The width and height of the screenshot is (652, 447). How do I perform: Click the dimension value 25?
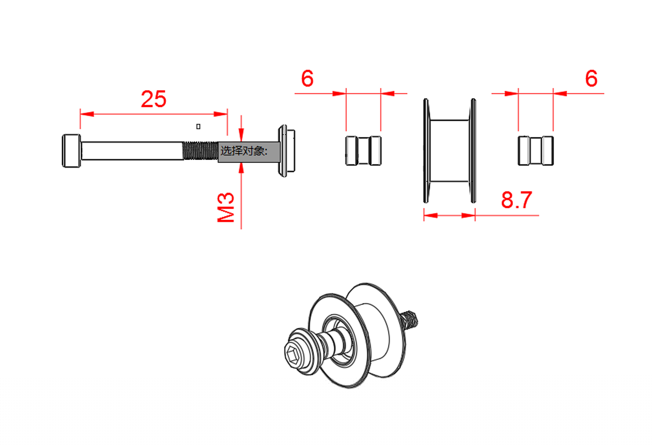(x=154, y=99)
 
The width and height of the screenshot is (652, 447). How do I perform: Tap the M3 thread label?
(x=226, y=207)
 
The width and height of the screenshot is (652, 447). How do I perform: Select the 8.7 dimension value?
(x=516, y=200)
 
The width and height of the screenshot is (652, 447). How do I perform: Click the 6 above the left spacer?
(x=307, y=78)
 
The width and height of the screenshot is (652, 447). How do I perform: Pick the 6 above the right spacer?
(x=591, y=78)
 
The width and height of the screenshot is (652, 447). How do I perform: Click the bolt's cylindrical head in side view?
(x=71, y=151)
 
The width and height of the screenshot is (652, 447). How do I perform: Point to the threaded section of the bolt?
(x=200, y=151)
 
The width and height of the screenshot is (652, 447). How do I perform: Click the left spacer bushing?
(x=363, y=151)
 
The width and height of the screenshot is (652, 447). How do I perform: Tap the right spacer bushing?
(x=536, y=151)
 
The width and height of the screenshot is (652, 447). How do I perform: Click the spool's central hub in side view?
(x=450, y=151)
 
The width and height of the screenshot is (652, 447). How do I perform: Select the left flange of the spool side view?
(x=426, y=151)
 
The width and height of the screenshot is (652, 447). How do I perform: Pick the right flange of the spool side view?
(x=473, y=151)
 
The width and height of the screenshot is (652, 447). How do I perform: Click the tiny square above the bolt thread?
(x=198, y=127)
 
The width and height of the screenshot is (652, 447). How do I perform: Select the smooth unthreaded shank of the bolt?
(x=132, y=151)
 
